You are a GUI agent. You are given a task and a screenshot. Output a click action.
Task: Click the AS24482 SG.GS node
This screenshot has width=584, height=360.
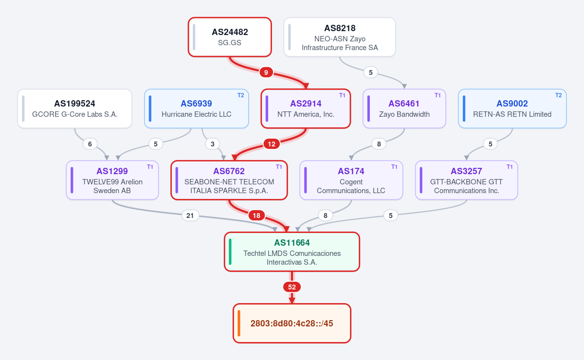tap(230, 37)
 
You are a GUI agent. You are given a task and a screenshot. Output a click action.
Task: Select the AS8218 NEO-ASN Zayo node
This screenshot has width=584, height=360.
tap(340, 37)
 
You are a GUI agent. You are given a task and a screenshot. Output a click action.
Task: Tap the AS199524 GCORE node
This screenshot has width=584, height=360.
tap(74, 108)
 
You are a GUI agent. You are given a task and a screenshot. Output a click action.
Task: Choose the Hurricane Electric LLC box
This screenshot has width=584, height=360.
tap(196, 108)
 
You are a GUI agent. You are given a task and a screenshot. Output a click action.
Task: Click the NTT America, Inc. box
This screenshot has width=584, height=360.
tap(306, 108)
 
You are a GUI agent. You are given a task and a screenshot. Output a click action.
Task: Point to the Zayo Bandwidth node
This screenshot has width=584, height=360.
tap(404, 108)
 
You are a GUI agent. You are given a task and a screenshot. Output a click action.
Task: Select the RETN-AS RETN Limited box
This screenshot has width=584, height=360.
tap(512, 108)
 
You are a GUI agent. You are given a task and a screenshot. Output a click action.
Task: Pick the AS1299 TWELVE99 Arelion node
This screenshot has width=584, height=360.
tap(112, 180)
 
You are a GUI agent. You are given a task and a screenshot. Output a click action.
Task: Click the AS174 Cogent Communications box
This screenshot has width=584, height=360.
tap(351, 180)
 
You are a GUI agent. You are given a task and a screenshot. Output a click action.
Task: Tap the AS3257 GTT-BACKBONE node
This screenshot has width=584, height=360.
tap(466, 180)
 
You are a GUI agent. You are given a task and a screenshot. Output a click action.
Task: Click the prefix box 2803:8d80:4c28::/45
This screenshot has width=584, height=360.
tap(292, 323)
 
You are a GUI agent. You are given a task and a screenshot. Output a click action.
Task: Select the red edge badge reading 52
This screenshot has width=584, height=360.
tap(292, 287)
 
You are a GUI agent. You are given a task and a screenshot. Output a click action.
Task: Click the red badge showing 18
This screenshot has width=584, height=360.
tap(256, 216)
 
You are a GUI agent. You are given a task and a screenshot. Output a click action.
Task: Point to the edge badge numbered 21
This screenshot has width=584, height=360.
tap(190, 216)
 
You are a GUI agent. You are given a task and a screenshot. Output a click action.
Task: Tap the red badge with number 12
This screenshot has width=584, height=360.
tap(272, 144)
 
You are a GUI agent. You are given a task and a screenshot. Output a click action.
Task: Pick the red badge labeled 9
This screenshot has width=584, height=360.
tap(266, 72)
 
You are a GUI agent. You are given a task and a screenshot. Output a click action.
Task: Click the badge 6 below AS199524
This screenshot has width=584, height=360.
tap(90, 144)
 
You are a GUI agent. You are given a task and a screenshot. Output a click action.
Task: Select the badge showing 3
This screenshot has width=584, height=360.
tap(213, 144)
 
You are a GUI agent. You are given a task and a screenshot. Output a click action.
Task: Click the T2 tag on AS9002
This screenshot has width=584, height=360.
tap(559, 95)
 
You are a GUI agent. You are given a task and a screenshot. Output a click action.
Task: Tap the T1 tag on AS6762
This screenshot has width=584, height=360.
tap(279, 166)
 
